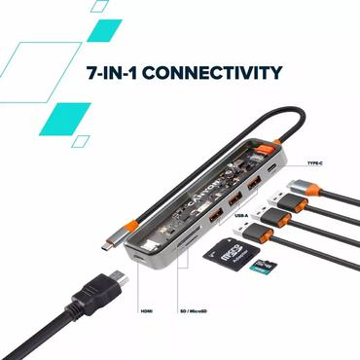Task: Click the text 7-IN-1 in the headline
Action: [105, 73]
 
